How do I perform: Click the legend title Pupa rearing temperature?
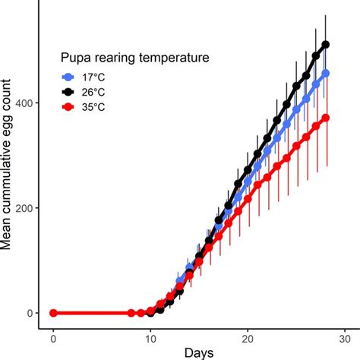tap(135, 57)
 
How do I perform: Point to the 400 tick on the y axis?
tap(21, 103)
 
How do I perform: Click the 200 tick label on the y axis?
tap(21, 208)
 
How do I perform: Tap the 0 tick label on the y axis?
tap(28, 313)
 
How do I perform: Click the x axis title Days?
tap(199, 352)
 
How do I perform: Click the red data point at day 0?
tap(53, 313)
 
